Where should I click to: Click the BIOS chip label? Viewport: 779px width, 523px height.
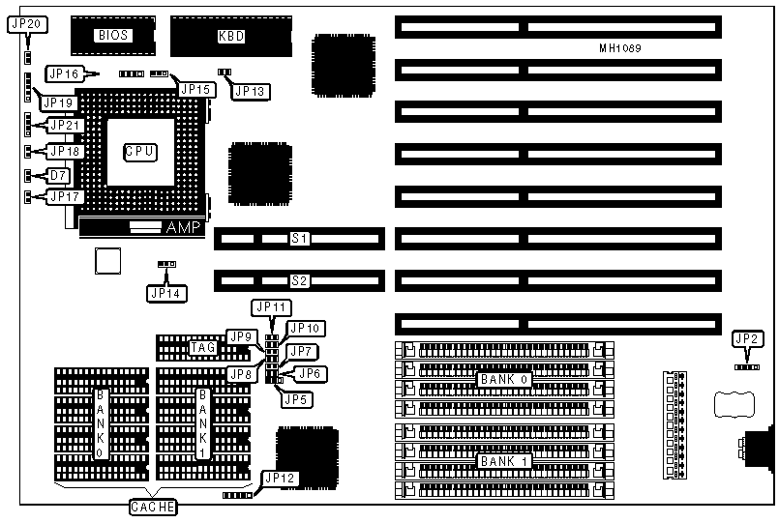[113, 36]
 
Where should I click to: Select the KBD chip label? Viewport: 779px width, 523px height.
[231, 37]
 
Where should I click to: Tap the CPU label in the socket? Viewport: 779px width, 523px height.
[140, 151]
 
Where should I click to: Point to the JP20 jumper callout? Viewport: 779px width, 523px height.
[26, 24]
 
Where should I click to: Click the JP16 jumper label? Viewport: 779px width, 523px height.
[65, 73]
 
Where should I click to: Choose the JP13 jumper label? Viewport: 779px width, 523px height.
[251, 91]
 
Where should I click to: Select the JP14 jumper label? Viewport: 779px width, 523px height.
[165, 292]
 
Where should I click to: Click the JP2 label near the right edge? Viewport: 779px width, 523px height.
[747, 338]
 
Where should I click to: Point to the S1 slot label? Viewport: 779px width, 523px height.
[300, 237]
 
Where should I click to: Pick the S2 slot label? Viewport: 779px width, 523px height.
[300, 281]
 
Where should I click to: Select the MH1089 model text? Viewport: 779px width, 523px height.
[619, 47]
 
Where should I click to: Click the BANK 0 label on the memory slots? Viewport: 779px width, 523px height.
[503, 379]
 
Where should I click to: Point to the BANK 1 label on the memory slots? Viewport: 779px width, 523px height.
[503, 460]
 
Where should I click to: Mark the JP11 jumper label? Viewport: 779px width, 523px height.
[270, 307]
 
